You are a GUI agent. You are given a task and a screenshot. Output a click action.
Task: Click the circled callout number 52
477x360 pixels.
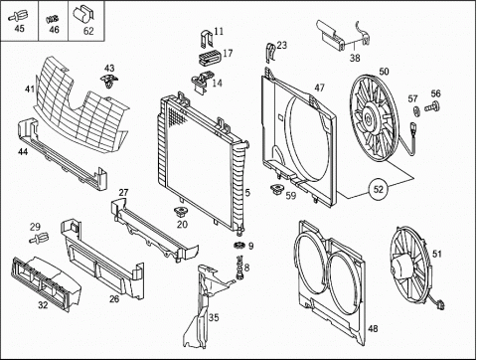pyautogui.click(x=379, y=189)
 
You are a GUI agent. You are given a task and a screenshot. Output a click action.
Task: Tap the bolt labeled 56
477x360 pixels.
pyautogui.click(x=433, y=106)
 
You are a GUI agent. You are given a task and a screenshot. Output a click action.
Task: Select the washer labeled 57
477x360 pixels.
pyautogui.click(x=416, y=111)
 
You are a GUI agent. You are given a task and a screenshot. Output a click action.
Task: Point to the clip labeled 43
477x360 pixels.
pyautogui.click(x=109, y=81)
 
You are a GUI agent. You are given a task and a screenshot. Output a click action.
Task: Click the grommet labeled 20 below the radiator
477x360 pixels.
pyautogui.click(x=181, y=211)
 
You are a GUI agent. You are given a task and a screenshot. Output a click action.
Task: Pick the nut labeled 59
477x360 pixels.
pyautogui.click(x=276, y=190)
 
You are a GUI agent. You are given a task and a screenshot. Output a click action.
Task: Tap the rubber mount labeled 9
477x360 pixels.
pyautogui.click(x=238, y=246)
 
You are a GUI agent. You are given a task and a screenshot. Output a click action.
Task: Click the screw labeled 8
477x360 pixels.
pyautogui.click(x=239, y=267)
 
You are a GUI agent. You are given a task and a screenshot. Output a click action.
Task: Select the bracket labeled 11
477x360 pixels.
pyautogui.click(x=207, y=39)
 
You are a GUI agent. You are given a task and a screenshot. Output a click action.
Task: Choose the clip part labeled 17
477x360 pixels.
pyautogui.click(x=210, y=57)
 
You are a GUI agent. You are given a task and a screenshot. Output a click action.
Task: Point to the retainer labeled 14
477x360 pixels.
pyautogui.click(x=201, y=82)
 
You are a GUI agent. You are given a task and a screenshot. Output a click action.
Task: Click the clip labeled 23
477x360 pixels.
pyautogui.click(x=270, y=53)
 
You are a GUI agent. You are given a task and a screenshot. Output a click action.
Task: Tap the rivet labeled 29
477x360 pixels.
pyautogui.click(x=39, y=238)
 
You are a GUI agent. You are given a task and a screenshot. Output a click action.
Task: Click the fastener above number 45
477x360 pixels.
pyautogui.click(x=18, y=15)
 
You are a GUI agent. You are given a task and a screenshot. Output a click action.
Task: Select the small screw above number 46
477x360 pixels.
pyautogui.click(x=53, y=19)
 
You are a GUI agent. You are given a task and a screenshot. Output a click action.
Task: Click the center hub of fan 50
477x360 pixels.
pyautogui.click(x=368, y=117)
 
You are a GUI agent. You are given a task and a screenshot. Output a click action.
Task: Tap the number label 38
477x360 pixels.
pyautogui.click(x=355, y=58)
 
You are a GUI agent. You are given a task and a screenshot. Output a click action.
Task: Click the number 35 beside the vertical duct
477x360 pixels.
pyautogui.click(x=214, y=317)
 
